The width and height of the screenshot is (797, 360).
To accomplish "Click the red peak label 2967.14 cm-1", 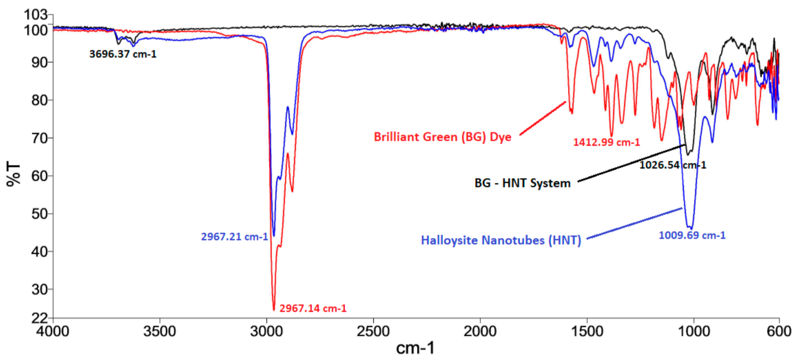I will (313, 308).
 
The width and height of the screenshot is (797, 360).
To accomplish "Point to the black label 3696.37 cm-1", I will (123, 52).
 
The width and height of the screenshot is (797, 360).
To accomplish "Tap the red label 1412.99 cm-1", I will (606, 142).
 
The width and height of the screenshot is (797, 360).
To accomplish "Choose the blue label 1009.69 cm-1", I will (692, 235).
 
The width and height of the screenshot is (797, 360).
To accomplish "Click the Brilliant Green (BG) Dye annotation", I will (443, 137).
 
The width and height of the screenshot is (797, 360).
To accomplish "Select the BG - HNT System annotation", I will (522, 183).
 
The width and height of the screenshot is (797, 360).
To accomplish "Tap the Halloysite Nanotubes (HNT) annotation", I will (501, 241).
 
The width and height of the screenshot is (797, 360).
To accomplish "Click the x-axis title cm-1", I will (415, 348).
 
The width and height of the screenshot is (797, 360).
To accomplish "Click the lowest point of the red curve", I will (274, 310).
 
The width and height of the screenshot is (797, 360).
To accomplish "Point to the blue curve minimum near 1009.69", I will (690, 228).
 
